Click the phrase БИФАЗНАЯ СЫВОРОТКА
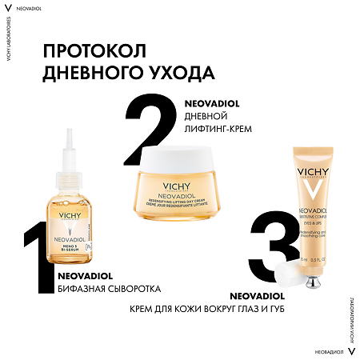(x=110, y=288)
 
